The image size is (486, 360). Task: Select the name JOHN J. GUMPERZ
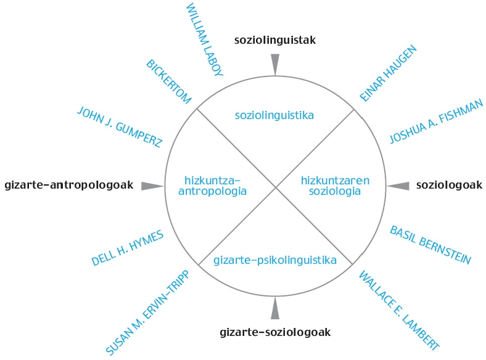(120, 128)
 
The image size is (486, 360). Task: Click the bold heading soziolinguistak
(275, 41)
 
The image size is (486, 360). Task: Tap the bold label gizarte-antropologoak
(68, 185)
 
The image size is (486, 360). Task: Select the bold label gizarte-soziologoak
(275, 332)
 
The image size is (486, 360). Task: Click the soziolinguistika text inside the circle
(275, 115)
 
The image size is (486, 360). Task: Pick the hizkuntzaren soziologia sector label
(335, 186)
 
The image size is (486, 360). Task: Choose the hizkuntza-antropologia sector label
(212, 186)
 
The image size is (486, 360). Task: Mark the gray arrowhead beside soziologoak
(398, 186)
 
